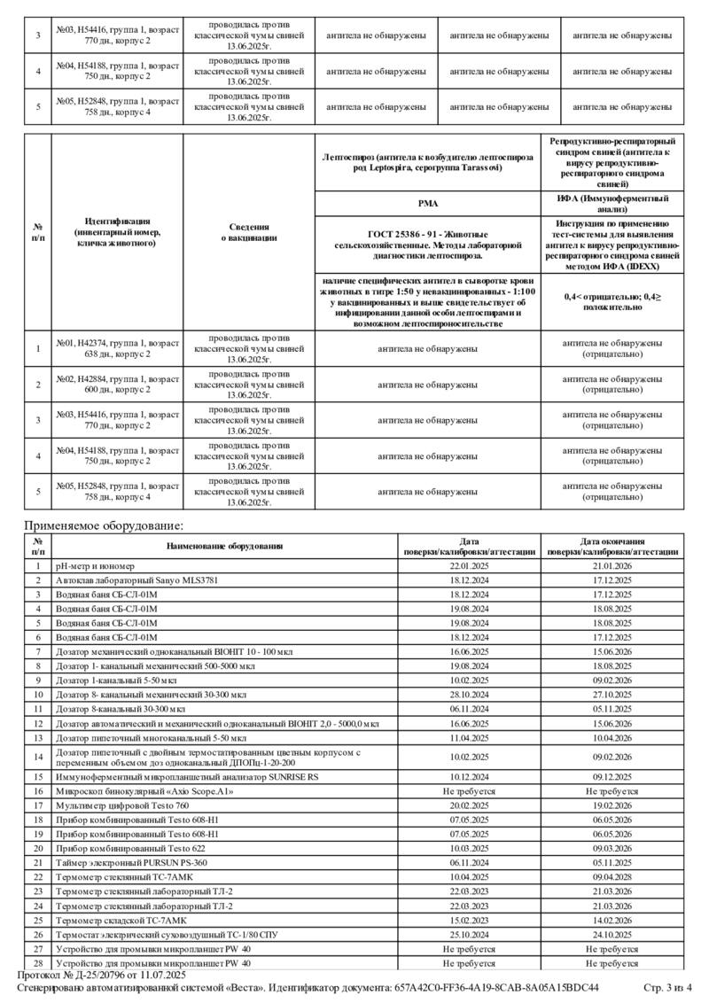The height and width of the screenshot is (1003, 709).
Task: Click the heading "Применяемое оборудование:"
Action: click(x=103, y=526)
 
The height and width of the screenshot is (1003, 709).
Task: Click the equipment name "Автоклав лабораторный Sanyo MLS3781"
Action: click(x=136, y=580)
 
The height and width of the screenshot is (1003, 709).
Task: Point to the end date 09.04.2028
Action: click(x=612, y=876)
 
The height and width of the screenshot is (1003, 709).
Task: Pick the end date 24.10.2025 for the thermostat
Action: click(x=612, y=934)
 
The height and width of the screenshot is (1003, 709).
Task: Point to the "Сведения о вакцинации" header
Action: click(x=248, y=232)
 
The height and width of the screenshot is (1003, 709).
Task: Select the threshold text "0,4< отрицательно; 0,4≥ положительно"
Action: click(x=612, y=301)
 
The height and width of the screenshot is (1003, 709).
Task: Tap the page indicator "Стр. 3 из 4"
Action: click(x=668, y=987)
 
